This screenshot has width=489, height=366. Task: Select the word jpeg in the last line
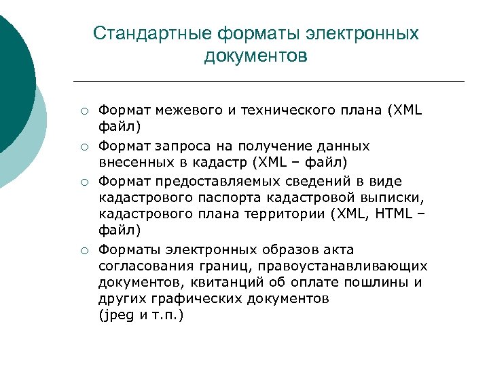(x=116, y=316)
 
